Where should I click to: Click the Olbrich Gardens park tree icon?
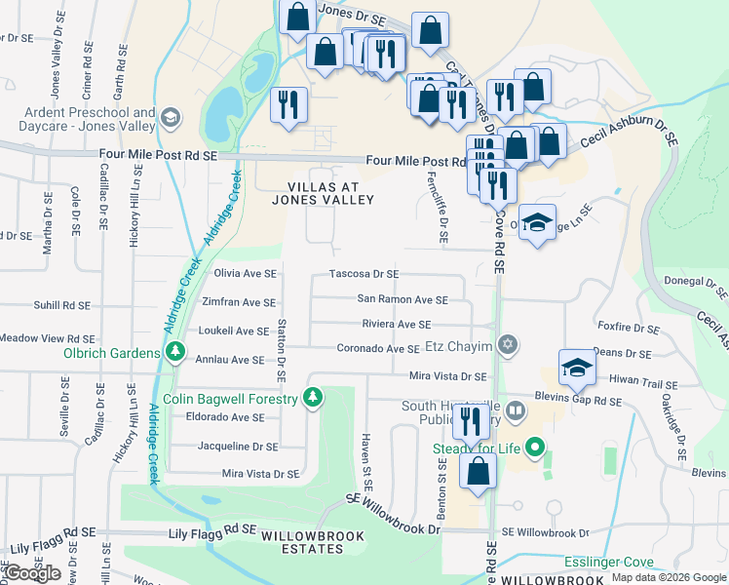174,352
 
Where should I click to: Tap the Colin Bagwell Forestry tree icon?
312,398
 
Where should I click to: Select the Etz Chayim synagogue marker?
506,345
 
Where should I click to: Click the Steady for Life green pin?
534,448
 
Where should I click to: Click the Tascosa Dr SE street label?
364,275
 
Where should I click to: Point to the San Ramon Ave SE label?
403,299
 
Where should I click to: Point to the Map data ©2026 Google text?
669,577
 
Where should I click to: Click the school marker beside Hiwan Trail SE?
577,368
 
